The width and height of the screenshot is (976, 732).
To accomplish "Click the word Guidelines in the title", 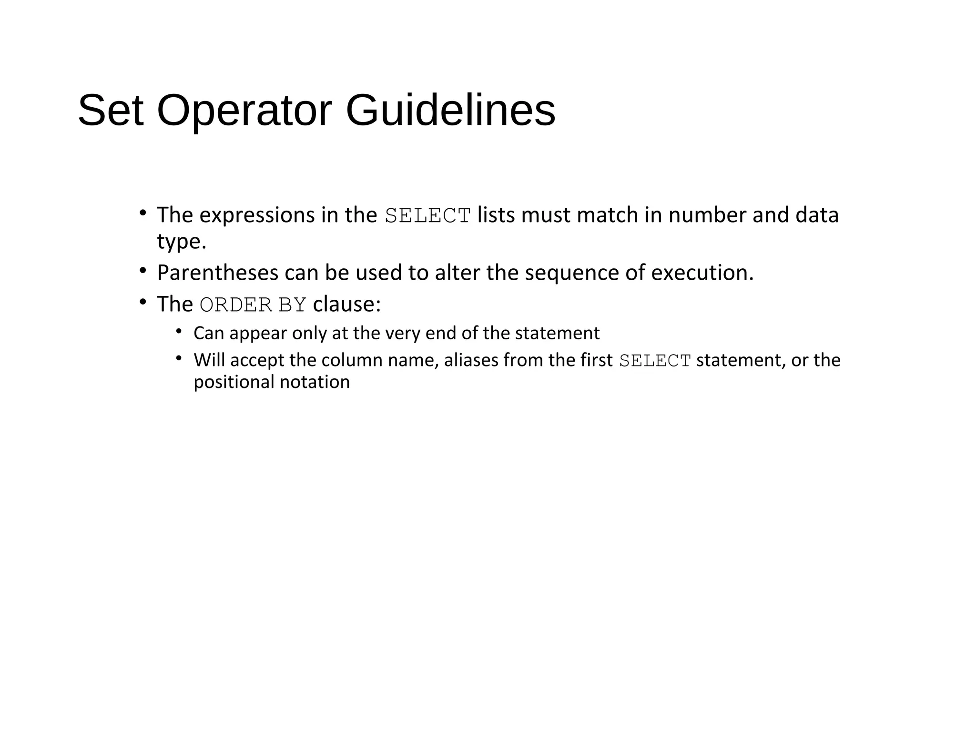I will tap(450, 111).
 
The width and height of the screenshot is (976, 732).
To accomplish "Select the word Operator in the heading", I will tap(244, 111).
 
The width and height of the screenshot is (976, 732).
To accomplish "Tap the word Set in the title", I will tap(111, 111).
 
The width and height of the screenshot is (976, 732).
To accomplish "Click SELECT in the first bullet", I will tap(427, 216).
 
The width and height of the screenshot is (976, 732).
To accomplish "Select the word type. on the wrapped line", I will tap(182, 242).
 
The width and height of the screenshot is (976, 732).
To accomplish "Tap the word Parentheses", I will tap(218, 273).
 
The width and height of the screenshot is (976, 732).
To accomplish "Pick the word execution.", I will tap(702, 273).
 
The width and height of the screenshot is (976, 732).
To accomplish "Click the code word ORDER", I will tap(236, 305).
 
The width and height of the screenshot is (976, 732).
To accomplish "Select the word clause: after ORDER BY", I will tap(347, 304).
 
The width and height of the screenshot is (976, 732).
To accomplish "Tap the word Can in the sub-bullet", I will tap(208, 333).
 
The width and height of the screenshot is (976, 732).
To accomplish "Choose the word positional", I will tap(234, 382).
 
